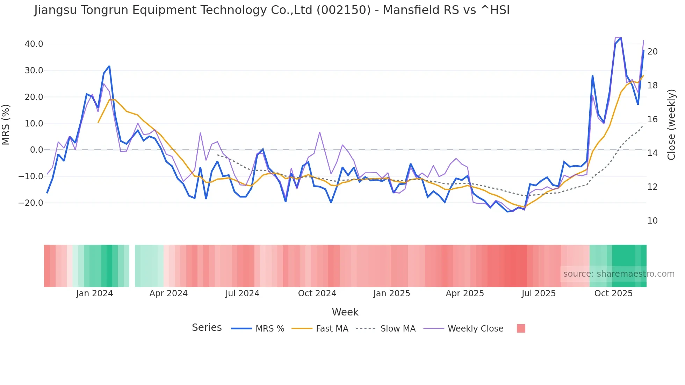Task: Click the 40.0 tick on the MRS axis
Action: coord(34,44)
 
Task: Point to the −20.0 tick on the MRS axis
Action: coord(31,203)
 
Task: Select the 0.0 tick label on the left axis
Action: coord(36,150)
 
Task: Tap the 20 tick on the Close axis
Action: coord(652,52)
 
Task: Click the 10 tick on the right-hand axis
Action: coord(652,221)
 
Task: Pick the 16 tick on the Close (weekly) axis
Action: coord(652,119)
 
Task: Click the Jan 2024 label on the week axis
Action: coord(94,293)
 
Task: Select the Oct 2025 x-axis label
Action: coord(613,293)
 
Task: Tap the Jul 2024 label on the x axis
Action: coord(242,293)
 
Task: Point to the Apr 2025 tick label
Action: coord(465,293)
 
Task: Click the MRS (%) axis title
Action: coord(6,125)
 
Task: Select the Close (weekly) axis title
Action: coord(671,125)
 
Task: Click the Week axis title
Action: coord(345,312)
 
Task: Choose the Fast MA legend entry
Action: coord(332,329)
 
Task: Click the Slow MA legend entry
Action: coord(398,329)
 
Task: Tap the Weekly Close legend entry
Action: coord(475,329)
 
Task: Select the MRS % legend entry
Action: coord(269,329)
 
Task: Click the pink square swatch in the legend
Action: coord(521,328)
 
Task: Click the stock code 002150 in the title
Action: coord(344,10)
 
